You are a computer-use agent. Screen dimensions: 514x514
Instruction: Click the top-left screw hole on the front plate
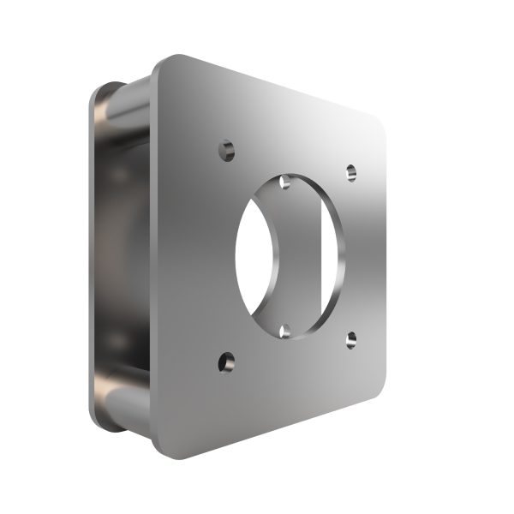[226, 151]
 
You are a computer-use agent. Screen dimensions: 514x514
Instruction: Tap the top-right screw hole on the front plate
[351, 173]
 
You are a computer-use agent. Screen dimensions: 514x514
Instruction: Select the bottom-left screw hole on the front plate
[226, 363]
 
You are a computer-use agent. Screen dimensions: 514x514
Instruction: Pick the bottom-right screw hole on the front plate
[351, 340]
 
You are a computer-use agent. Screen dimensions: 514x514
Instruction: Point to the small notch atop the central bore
[285, 182]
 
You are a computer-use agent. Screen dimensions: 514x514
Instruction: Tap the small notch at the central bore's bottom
[285, 329]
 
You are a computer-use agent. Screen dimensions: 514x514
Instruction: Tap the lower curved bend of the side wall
[120, 390]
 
